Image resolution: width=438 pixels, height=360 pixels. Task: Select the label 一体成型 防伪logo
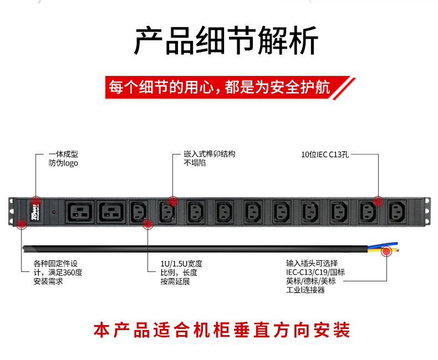click(x=63, y=158)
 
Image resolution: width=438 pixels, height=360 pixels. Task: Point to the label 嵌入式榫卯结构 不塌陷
click(x=209, y=158)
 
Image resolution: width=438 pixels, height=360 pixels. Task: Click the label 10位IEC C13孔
click(x=325, y=155)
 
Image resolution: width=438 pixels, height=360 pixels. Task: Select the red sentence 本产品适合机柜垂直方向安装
click(x=222, y=331)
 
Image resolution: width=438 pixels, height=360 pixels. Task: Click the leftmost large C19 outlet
click(x=81, y=212)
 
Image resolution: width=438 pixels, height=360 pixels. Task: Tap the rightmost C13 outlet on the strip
click(x=399, y=212)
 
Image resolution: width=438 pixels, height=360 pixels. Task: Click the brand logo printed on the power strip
click(x=35, y=212)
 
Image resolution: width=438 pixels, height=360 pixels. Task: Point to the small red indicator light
click(x=54, y=212)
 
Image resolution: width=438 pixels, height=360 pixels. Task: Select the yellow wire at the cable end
click(x=390, y=249)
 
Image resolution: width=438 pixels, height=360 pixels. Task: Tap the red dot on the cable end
click(x=386, y=252)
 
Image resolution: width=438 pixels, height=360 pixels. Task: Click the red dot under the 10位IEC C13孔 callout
click(x=378, y=202)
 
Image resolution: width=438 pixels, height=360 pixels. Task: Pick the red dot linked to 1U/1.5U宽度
click(x=148, y=224)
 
